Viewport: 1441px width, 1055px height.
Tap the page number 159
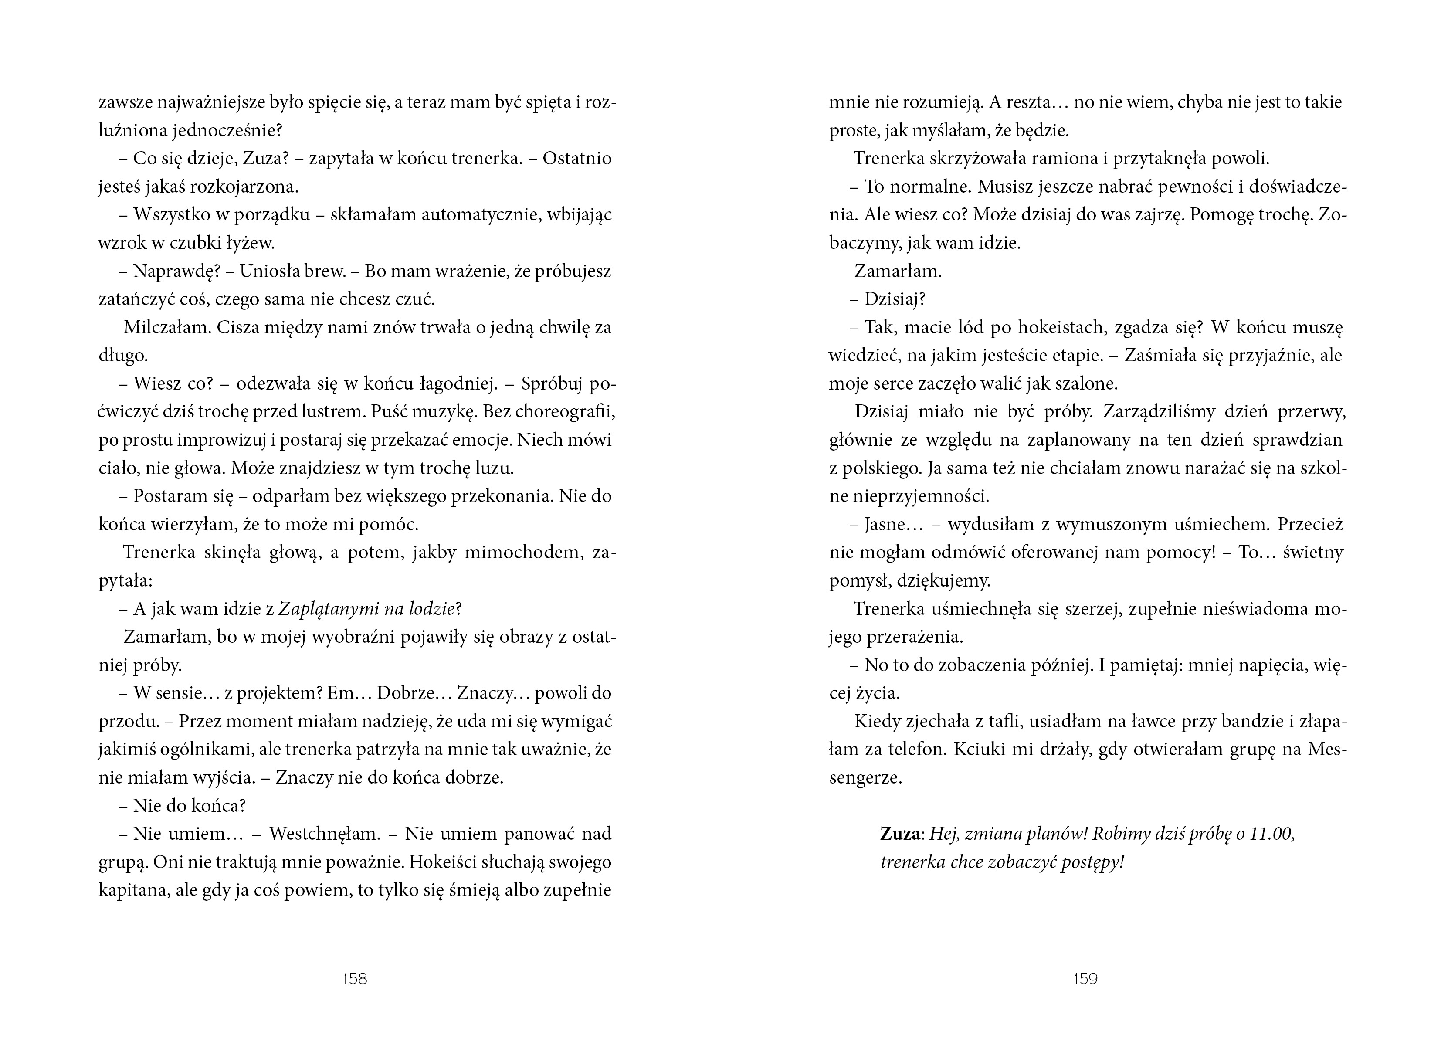pyautogui.click(x=1085, y=978)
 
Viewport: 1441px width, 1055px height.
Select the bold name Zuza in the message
pyautogui.click(x=899, y=834)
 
